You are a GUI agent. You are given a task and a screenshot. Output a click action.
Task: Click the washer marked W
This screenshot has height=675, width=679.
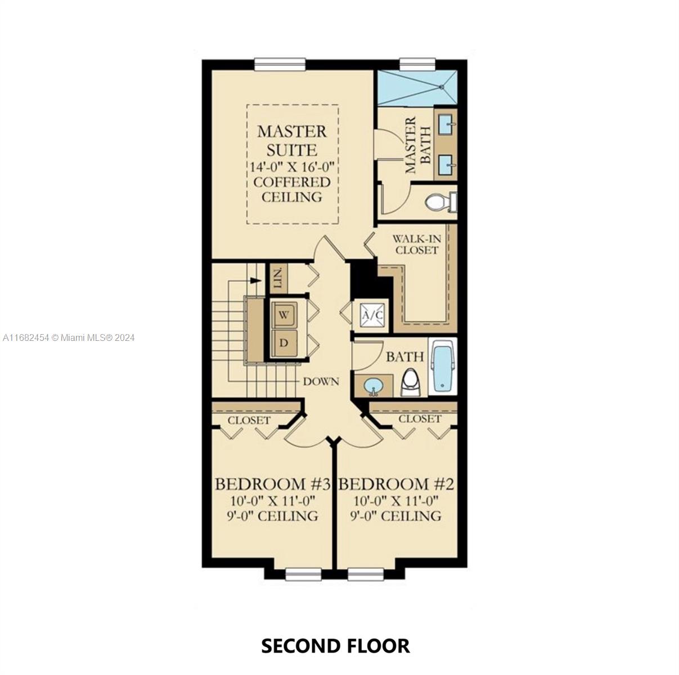click(284, 315)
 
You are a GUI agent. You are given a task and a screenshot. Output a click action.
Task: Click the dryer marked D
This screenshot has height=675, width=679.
click(284, 343)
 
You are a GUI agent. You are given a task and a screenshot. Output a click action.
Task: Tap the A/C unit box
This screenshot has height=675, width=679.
click(371, 314)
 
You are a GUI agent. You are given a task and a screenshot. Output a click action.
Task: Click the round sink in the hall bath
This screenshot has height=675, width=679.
click(374, 386)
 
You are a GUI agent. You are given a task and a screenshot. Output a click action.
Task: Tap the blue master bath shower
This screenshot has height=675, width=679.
click(417, 87)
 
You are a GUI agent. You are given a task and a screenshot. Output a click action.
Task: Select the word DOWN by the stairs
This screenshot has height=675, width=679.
click(321, 381)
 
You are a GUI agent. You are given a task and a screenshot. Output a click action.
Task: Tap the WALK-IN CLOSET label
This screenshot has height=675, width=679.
click(416, 244)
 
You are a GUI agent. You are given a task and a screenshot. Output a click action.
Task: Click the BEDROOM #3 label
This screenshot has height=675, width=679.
click(273, 484)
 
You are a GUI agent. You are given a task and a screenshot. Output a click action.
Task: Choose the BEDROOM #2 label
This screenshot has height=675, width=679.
click(395, 484)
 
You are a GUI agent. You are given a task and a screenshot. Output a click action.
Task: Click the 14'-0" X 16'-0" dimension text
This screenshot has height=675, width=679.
click(292, 166)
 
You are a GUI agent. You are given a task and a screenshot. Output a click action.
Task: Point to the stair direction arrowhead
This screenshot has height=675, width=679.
click(256, 281)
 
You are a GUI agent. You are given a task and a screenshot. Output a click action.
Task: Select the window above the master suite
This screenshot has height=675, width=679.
click(280, 64)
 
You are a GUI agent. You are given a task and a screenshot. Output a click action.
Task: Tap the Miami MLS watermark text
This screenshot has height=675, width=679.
click(69, 337)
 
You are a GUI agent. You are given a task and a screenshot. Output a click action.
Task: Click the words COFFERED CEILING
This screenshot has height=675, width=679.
click(292, 190)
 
